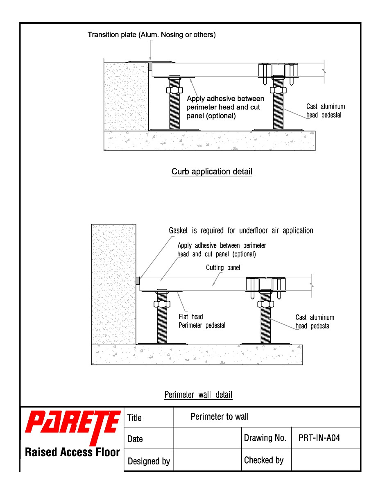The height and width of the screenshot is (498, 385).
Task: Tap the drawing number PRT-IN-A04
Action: click(319, 438)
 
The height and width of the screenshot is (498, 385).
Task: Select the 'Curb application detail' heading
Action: click(212, 172)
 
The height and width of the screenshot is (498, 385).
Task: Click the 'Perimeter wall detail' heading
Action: click(198, 395)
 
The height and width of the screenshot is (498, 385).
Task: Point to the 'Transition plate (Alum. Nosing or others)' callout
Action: click(152, 34)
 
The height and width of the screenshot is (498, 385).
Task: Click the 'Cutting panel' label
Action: click(223, 267)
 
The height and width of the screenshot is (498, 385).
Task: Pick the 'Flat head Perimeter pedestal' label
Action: click(202, 321)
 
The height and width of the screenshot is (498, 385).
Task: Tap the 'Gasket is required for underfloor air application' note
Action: click(241, 230)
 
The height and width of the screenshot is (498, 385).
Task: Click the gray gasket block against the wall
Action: click(138, 281)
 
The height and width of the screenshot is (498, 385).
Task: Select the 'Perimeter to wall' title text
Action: click(220, 417)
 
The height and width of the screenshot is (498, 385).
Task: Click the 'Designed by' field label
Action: click(149, 461)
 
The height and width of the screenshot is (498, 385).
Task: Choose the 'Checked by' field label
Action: click(264, 460)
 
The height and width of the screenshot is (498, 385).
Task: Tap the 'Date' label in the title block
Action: click(135, 439)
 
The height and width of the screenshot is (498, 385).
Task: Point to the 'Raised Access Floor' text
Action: click(72, 452)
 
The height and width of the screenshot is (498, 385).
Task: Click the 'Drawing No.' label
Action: click(265, 438)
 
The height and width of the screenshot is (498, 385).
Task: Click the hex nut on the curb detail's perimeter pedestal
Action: click(174, 90)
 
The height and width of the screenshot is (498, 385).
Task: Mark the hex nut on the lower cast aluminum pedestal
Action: click(265, 304)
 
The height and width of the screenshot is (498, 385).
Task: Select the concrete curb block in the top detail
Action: click(126, 96)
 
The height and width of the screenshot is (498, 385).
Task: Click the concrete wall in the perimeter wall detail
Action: click(113, 284)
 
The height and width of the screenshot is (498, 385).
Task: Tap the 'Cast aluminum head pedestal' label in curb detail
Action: click(326, 111)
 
